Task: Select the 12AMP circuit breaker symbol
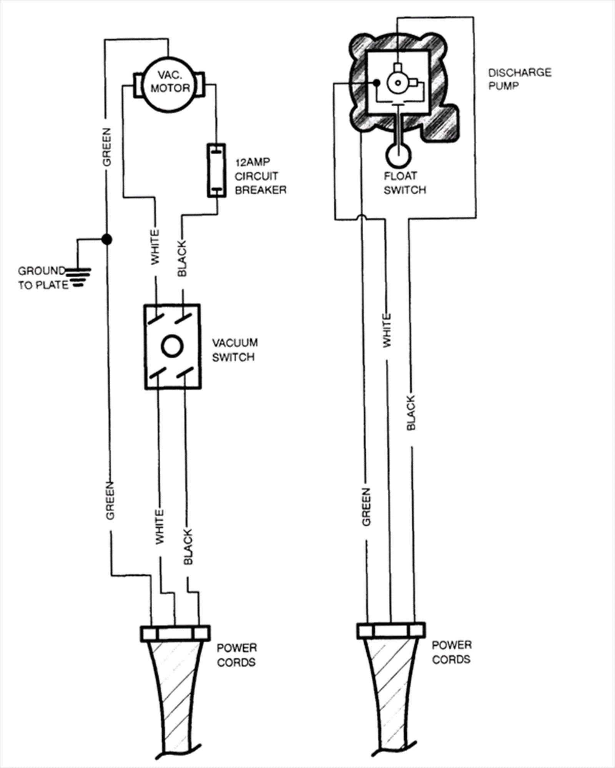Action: (x=217, y=171)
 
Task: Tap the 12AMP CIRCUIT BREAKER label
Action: (x=261, y=176)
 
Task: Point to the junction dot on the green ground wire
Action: (x=106, y=240)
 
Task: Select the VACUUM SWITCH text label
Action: (x=235, y=350)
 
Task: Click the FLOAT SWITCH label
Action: (x=405, y=183)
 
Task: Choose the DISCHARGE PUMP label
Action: (x=520, y=79)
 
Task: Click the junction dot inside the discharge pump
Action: (x=377, y=83)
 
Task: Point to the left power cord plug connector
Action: (x=175, y=633)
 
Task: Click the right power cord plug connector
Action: (x=391, y=630)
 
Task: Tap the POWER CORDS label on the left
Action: (x=236, y=655)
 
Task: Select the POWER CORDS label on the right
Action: (x=451, y=652)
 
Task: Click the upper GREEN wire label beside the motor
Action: (x=106, y=147)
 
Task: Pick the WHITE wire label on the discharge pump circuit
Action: (x=387, y=331)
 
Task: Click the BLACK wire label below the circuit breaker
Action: (x=182, y=258)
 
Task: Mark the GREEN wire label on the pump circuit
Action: (x=366, y=507)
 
